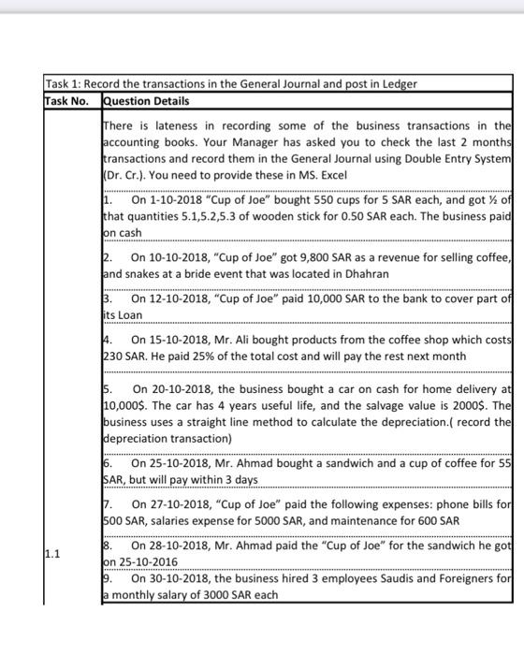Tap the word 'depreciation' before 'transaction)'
(139, 438)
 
